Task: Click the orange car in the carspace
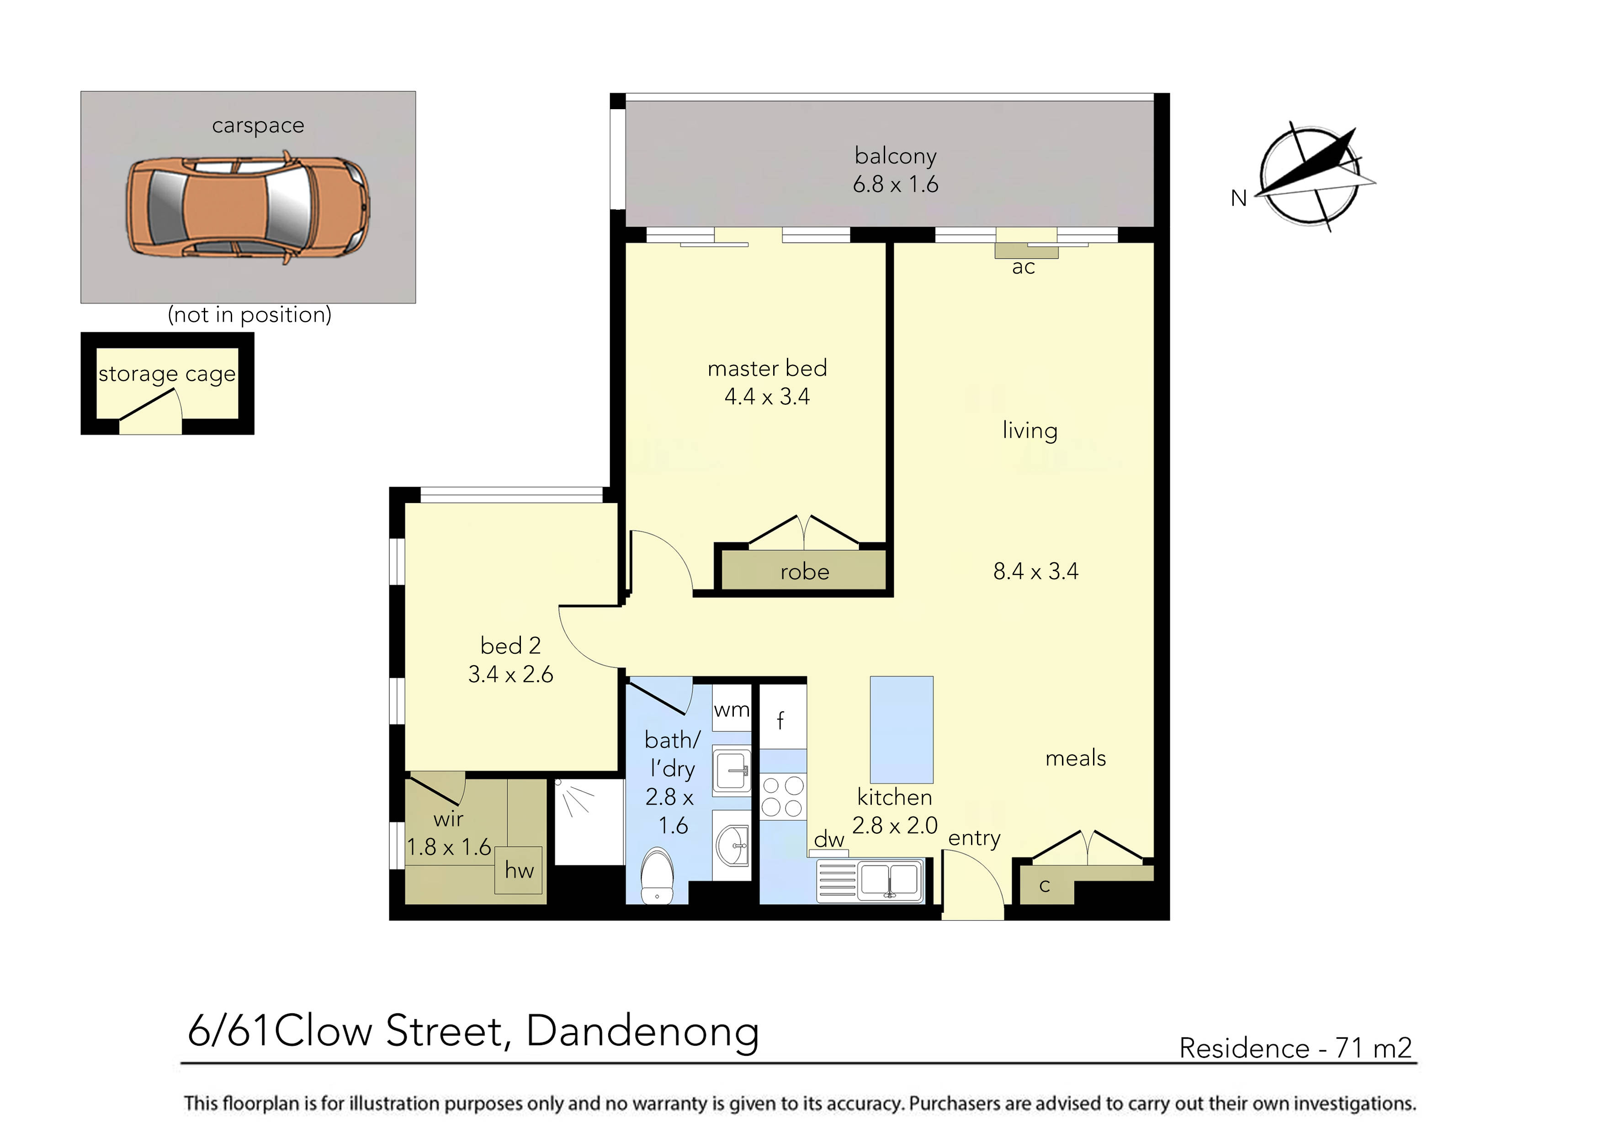click(x=248, y=208)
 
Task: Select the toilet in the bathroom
click(x=657, y=876)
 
